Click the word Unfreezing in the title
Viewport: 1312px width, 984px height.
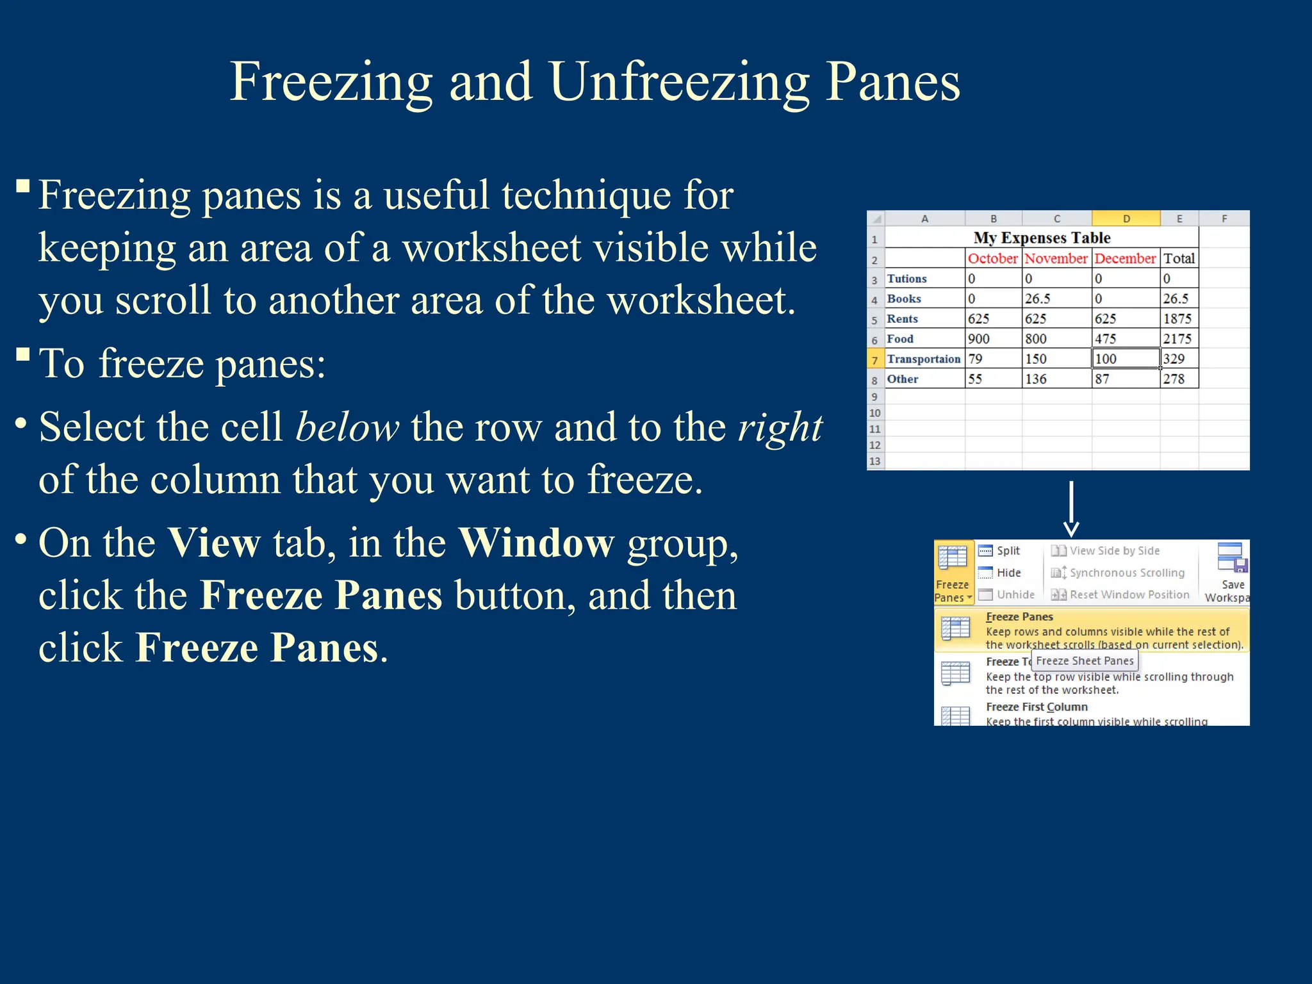[679, 82]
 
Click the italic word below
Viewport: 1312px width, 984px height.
[347, 427]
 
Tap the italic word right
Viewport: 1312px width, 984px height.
[780, 427]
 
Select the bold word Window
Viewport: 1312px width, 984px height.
[537, 543]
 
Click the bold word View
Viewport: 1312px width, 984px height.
[214, 543]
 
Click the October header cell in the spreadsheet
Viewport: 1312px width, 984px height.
[992, 258]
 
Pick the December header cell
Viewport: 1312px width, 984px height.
[1125, 258]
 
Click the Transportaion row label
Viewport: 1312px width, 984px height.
[923, 359]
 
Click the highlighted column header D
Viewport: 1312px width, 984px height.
[1126, 218]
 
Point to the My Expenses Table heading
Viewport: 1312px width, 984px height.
[1042, 238]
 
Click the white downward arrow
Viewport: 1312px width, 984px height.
[1071, 509]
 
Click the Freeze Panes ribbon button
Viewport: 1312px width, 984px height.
[953, 573]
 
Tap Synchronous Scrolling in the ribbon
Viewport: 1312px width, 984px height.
[1126, 573]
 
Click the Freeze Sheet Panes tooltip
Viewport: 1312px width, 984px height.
[1085, 660]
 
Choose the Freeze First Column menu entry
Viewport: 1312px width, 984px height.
[1037, 707]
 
